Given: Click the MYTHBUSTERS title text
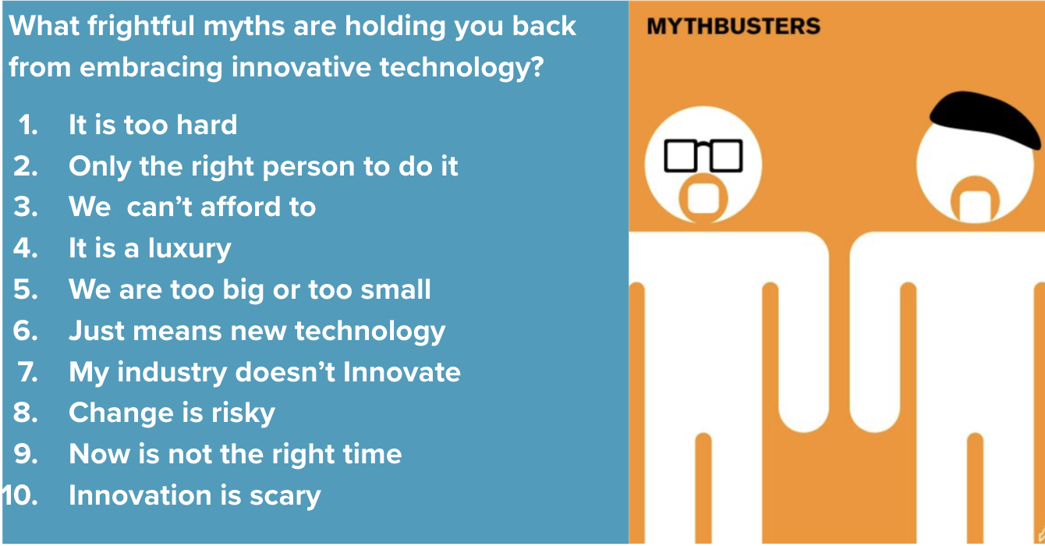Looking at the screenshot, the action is point(733,26).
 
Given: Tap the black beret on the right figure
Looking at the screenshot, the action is point(984,119).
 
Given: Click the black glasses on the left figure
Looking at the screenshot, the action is point(703,155).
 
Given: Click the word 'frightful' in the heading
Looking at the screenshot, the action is point(140,26).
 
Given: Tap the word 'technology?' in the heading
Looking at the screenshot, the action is point(462,69).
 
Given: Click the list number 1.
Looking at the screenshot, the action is point(28,125).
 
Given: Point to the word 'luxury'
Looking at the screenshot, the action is point(189,249).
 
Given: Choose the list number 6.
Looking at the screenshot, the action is point(25,331).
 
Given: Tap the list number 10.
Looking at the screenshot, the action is point(19,495).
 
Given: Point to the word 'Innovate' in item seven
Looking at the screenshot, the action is point(402,372).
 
